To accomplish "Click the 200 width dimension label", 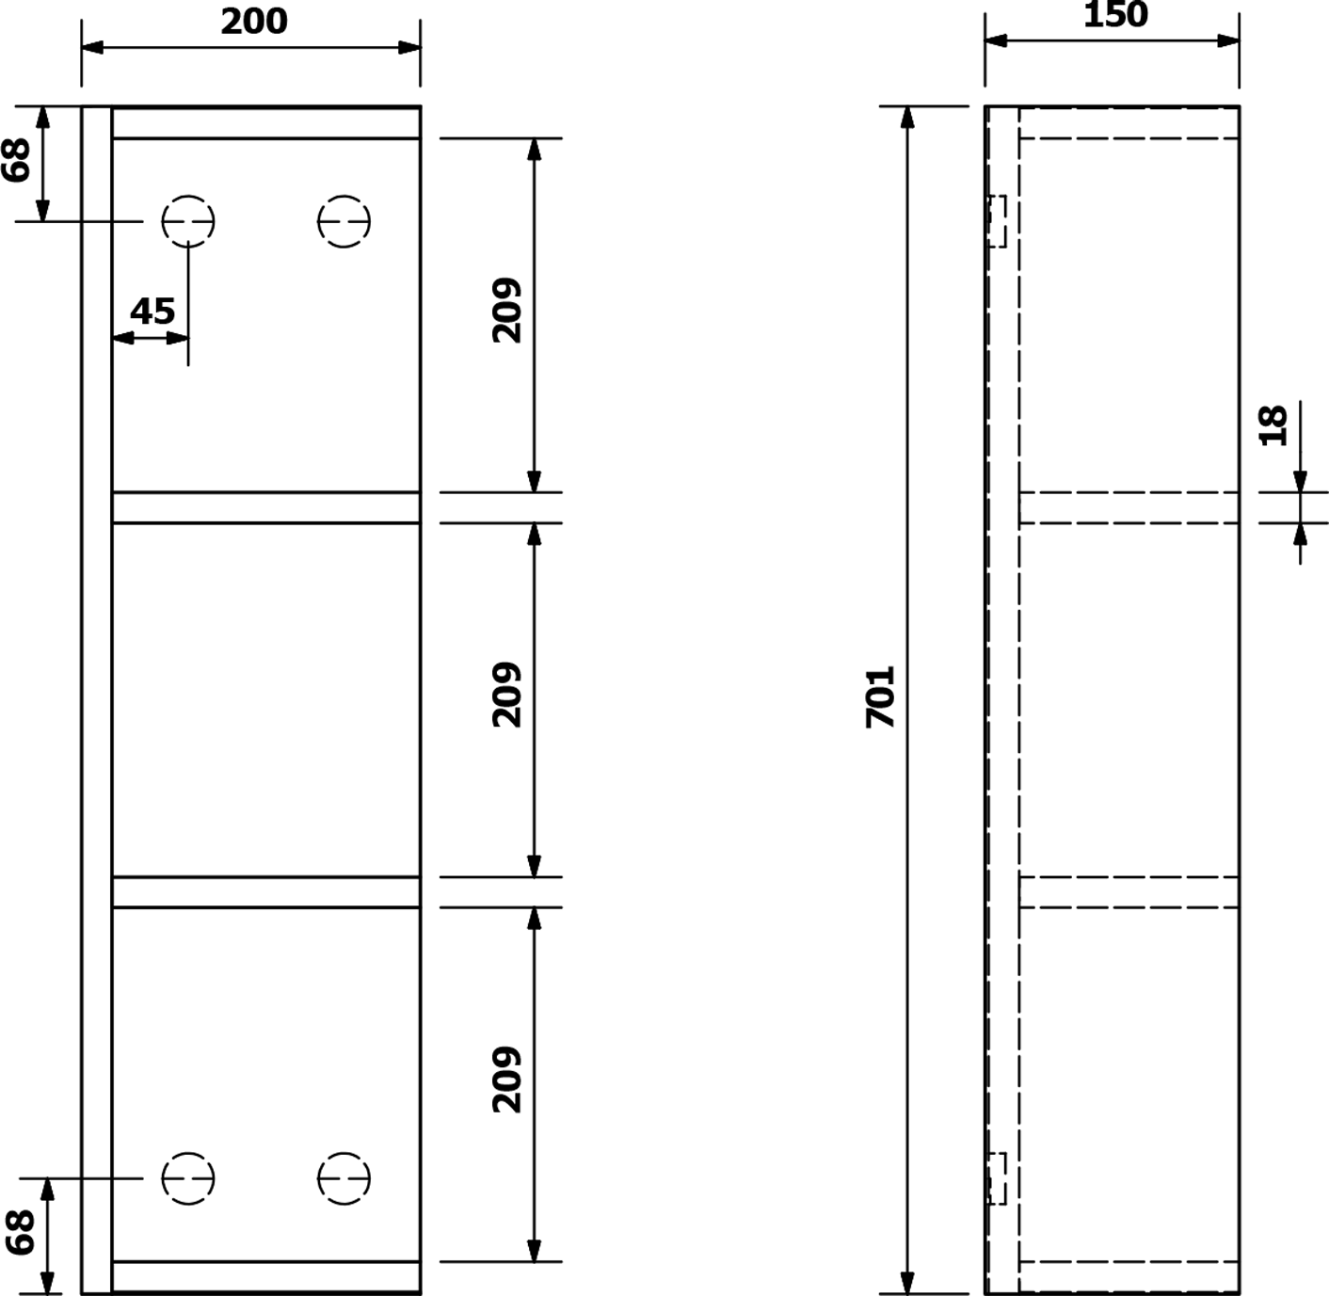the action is click(x=254, y=22).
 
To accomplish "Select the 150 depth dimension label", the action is click(x=1116, y=15).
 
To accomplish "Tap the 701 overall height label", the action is click(x=880, y=697).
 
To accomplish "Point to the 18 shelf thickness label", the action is click(x=1273, y=426).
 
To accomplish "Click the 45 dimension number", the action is click(x=152, y=312).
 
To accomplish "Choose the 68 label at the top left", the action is click(x=16, y=160).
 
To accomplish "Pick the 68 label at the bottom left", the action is click(x=20, y=1233).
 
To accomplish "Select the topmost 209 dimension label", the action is click(x=507, y=311).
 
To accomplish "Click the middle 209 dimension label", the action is click(x=507, y=696).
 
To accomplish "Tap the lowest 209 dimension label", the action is click(x=507, y=1080).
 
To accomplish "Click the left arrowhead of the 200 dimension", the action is click(x=92, y=48).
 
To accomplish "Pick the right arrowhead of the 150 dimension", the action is click(x=1228, y=41).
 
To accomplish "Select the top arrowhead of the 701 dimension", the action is click(x=907, y=118).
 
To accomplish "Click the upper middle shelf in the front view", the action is click(x=266, y=508).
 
